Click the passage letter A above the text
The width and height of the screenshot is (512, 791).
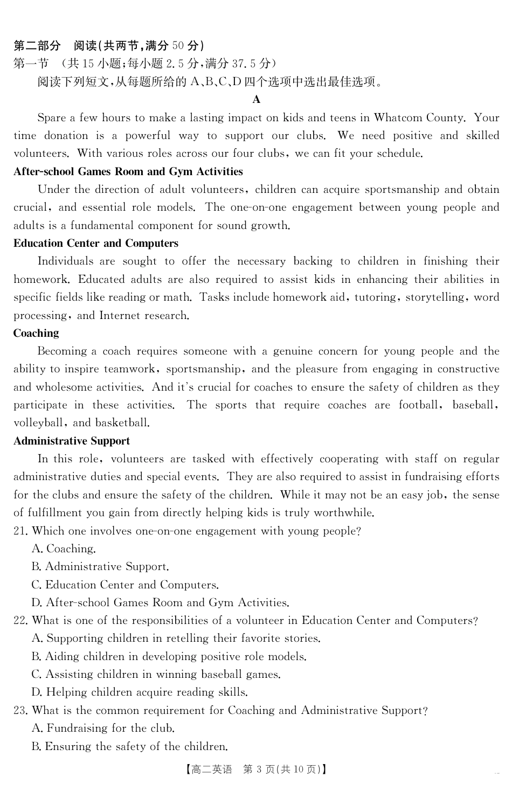coord(256,100)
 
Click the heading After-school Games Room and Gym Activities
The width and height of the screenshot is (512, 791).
coord(128,172)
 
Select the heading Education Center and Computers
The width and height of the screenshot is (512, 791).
coord(96,244)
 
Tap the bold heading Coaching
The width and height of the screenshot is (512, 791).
coord(36,334)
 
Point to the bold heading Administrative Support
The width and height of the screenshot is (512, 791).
coord(72,441)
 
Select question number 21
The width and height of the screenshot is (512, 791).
coord(20,531)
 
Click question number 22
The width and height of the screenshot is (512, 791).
coord(20,621)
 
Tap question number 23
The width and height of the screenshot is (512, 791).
coord(20,711)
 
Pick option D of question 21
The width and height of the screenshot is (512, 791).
coord(160,603)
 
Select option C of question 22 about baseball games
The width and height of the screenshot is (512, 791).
coord(156,675)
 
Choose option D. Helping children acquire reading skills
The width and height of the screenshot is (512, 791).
coord(140,692)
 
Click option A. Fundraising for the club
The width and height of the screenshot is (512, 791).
coord(103,728)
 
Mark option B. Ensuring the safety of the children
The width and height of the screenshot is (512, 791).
coord(129,747)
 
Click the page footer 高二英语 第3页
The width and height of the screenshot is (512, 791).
coord(256,769)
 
